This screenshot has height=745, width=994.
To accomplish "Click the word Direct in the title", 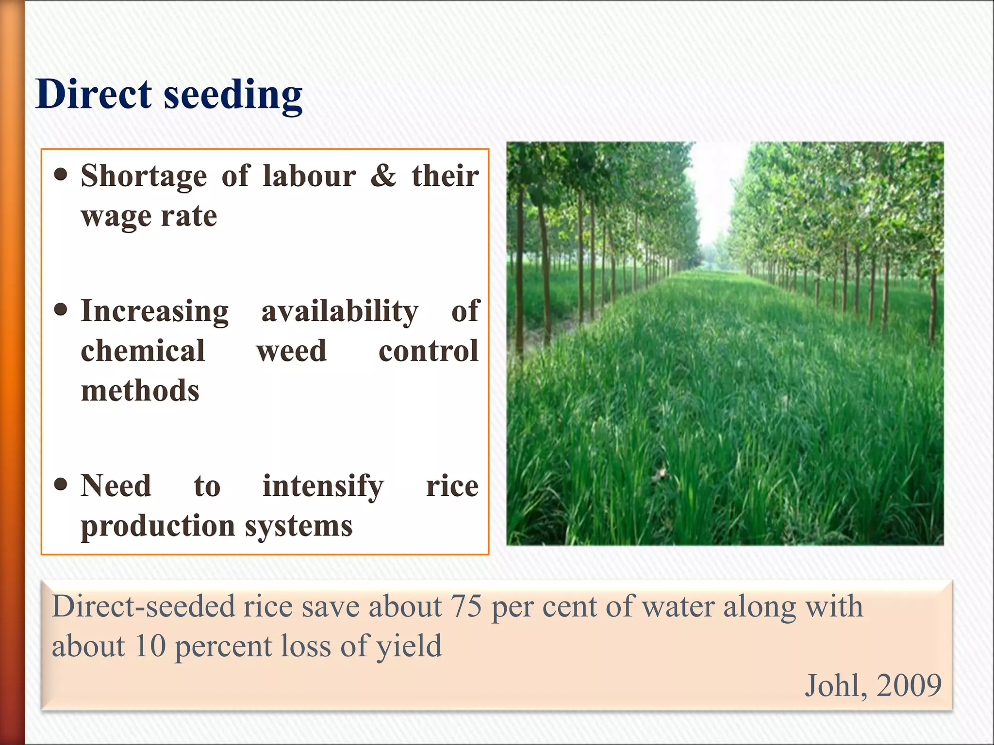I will click(x=94, y=94).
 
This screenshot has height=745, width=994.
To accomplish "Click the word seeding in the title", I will click(x=233, y=96).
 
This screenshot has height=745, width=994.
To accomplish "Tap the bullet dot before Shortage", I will click(x=61, y=175).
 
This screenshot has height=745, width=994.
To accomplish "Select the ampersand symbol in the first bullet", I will click(x=383, y=175).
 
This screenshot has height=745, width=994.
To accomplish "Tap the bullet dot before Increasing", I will click(x=61, y=310).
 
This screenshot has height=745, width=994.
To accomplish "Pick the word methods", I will click(x=140, y=391).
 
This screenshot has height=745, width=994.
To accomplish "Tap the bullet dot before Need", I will click(x=61, y=484).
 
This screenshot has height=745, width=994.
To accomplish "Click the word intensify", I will click(x=323, y=486).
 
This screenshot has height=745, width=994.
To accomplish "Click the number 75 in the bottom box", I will click(x=466, y=606).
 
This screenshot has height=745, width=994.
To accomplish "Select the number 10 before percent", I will click(x=150, y=646).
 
